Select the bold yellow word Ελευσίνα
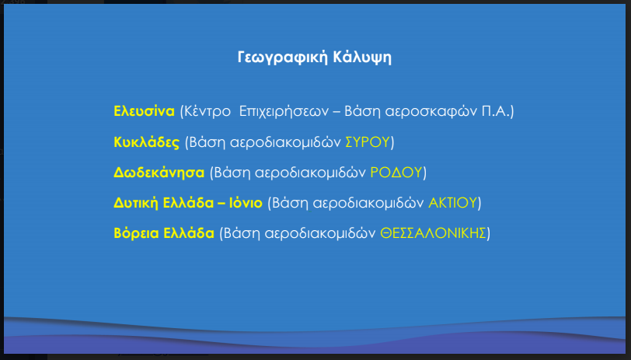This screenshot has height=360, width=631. pyautogui.click(x=144, y=111)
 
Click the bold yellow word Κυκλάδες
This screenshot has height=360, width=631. pyautogui.click(x=146, y=142)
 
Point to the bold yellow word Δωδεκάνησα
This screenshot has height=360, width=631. pyautogui.click(x=159, y=173)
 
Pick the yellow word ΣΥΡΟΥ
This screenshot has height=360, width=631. pyautogui.click(x=368, y=142)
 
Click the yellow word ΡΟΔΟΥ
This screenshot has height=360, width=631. pyautogui.click(x=396, y=173)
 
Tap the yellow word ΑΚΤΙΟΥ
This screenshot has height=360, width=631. pyautogui.click(x=452, y=203)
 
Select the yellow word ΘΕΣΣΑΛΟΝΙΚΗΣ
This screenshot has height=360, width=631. pyautogui.click(x=433, y=233)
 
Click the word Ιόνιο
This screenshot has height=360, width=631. pyautogui.click(x=246, y=203)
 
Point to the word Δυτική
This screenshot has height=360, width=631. pyautogui.click(x=136, y=203)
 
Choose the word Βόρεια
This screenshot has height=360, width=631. pyautogui.click(x=136, y=233)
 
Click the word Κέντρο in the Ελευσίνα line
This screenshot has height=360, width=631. pyautogui.click(x=207, y=111)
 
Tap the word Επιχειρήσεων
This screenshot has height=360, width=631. pyautogui.click(x=284, y=112)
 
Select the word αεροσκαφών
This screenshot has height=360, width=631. pyautogui.click(x=431, y=112)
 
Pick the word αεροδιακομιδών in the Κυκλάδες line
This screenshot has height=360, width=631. pyautogui.click(x=286, y=142)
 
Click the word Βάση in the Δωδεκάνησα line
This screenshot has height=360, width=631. pyautogui.click(x=232, y=173)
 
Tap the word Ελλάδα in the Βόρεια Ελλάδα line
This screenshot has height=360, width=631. pyautogui.click(x=189, y=233)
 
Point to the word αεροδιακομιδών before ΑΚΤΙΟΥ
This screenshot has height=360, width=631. pyautogui.click(x=368, y=204)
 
